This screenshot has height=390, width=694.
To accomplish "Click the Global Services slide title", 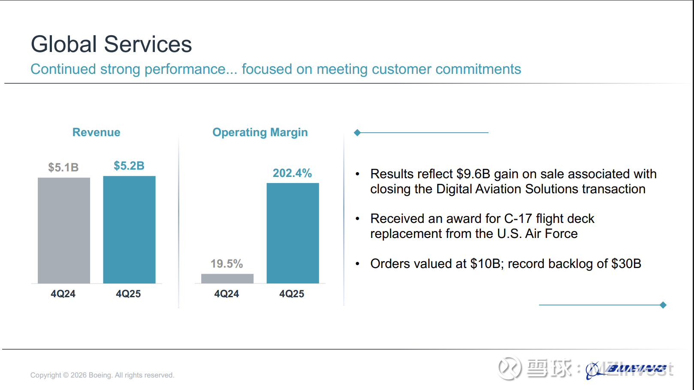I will [x=111, y=44].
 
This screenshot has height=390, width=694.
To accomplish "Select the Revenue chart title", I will [x=96, y=132].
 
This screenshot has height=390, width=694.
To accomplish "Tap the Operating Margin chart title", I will [x=260, y=132].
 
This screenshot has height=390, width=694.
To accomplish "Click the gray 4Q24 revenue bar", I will [x=64, y=230].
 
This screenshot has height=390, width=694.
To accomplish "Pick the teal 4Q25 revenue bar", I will [x=129, y=229].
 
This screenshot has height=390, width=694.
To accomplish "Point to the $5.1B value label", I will [x=63, y=168].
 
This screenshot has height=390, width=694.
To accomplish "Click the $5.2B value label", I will [x=129, y=166].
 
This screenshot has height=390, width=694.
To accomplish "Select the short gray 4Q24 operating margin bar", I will [x=227, y=279].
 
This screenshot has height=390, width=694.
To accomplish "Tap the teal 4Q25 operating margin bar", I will [x=293, y=233].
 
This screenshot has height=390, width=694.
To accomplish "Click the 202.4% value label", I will [x=292, y=173].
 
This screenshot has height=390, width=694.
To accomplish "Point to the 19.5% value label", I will [x=226, y=264].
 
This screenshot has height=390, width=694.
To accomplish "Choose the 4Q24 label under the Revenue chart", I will [x=63, y=294].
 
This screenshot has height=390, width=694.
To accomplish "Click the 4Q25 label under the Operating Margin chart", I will [x=292, y=294].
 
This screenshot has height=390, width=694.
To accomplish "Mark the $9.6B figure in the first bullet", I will [x=473, y=174].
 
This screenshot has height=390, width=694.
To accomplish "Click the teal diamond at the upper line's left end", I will [x=357, y=133].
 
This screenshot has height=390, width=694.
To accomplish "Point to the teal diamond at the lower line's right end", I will [x=663, y=305].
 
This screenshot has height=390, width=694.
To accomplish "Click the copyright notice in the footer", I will [x=102, y=375].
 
